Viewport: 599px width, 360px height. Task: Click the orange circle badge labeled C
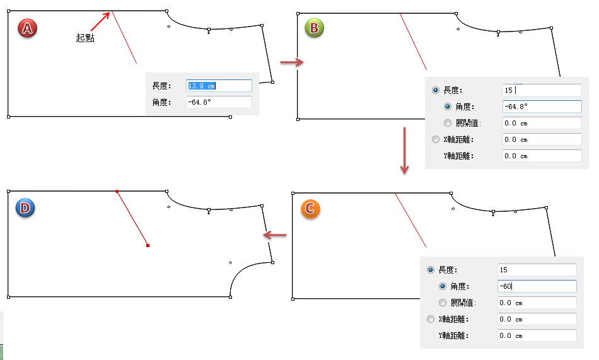311,209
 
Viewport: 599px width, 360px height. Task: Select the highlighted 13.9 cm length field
219,86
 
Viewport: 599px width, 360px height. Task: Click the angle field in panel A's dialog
219,102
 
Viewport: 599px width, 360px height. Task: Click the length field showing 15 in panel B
542,91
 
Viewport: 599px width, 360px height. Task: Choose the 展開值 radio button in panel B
448,123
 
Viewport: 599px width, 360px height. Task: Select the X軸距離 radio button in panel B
434,139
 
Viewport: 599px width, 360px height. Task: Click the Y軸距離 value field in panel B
542,156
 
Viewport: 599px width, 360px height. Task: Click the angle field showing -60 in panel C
537,286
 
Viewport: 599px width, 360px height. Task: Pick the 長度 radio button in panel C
431,270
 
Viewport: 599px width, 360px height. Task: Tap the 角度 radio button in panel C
443,286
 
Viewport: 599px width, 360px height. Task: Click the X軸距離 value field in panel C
537,319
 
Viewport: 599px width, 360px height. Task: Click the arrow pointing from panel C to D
274,235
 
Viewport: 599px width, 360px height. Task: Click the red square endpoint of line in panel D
148,245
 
